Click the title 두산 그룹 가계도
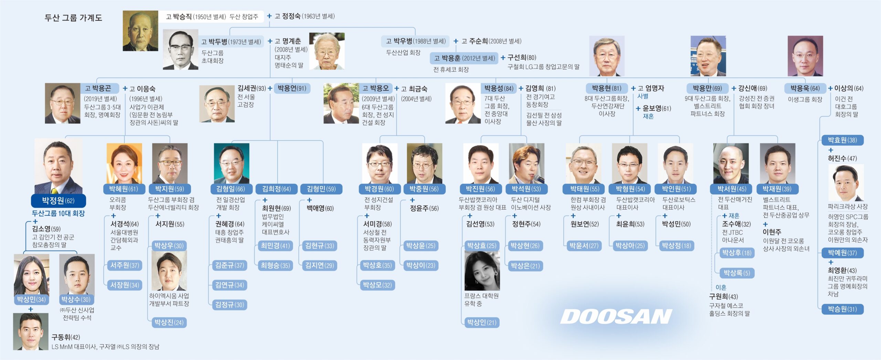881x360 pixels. [x=73, y=18]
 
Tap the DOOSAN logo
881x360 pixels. [x=616, y=316]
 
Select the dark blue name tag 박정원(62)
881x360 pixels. [x=58, y=201]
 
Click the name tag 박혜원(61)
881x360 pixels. [x=123, y=189]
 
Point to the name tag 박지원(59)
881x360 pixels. [x=170, y=189]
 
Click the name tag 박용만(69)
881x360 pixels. [x=708, y=88]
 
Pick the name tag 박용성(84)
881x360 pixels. [x=499, y=88]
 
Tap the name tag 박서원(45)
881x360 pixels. [x=732, y=189]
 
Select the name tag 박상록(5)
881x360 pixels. [x=736, y=273]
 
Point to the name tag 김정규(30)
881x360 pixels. [x=230, y=305]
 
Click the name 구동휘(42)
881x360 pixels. [x=66, y=337]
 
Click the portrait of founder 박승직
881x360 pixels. [x=140, y=31]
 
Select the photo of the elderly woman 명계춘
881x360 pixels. [x=327, y=51]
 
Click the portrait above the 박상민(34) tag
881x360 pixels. [x=31, y=274]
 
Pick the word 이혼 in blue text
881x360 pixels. [x=721, y=287]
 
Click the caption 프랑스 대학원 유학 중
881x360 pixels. [x=481, y=300]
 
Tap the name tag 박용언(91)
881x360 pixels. [x=292, y=88]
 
